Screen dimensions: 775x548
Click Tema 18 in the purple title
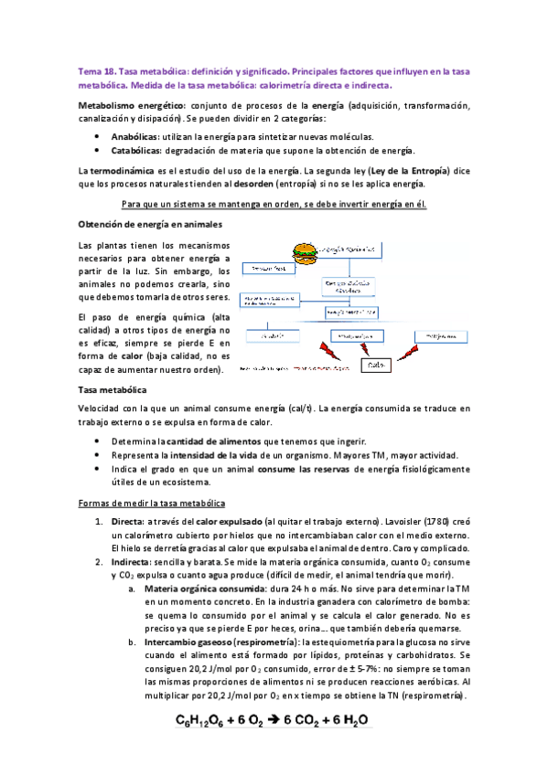coord(95,69)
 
